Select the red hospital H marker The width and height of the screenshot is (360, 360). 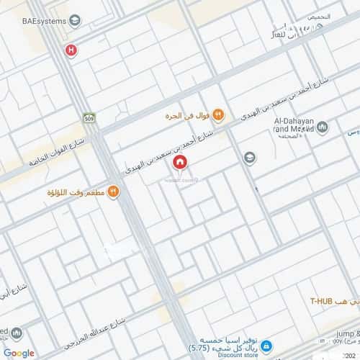(70, 50)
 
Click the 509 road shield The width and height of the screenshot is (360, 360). (89, 118)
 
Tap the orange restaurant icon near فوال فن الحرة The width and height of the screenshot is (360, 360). (219, 114)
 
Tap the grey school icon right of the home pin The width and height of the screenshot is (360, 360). (249, 157)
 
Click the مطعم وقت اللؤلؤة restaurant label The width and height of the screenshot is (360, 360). (79, 193)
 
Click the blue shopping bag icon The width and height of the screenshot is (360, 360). (266, 345)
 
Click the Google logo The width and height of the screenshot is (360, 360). (19, 352)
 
